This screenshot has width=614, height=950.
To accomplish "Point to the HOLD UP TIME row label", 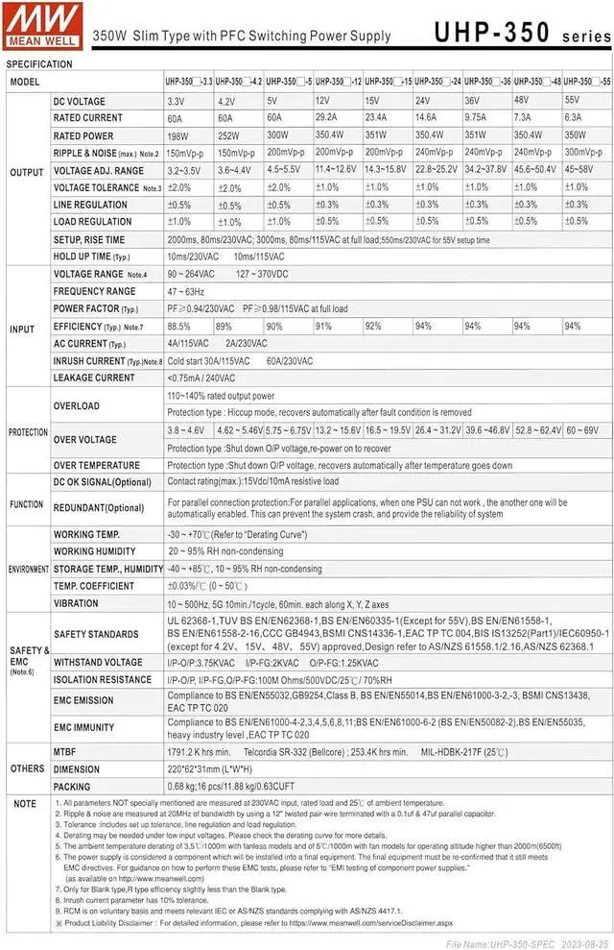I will tap(92, 256).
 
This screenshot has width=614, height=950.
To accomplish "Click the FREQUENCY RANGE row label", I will tap(94, 291).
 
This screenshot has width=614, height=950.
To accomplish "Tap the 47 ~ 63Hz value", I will tap(186, 291).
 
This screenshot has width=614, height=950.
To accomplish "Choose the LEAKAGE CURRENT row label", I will tap(94, 378).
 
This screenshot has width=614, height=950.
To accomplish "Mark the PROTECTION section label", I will tap(28, 432).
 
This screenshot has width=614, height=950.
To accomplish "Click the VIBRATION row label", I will tap(76, 604).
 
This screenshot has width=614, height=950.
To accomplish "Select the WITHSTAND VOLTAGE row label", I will tap(98, 662).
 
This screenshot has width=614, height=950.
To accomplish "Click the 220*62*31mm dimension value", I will tap(211, 768).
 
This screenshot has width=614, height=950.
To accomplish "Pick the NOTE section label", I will tap(26, 803).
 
